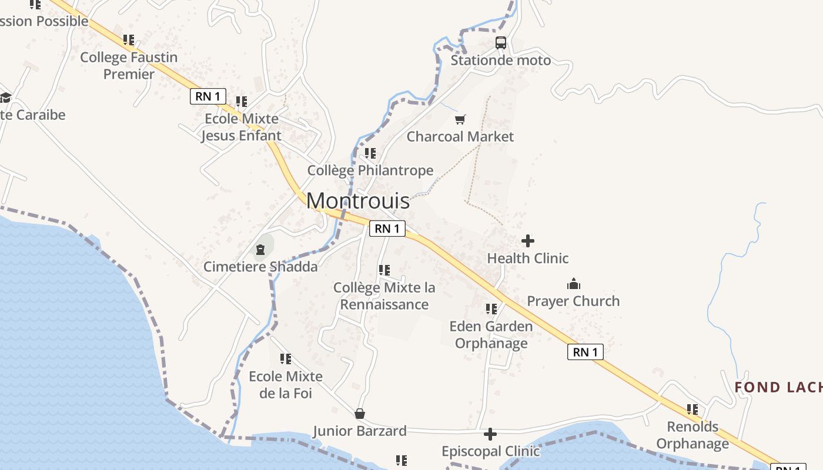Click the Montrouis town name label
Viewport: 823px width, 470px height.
click(x=358, y=201)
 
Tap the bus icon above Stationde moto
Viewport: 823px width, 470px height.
click(x=501, y=43)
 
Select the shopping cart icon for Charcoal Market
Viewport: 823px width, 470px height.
click(x=460, y=120)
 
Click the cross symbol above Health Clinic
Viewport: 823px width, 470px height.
click(x=528, y=241)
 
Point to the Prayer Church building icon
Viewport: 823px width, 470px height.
click(x=574, y=284)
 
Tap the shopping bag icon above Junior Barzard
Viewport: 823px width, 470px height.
click(x=359, y=414)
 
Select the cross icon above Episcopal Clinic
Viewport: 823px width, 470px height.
click(x=490, y=434)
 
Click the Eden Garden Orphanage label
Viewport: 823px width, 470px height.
click(x=491, y=334)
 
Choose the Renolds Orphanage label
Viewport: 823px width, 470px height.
click(x=692, y=435)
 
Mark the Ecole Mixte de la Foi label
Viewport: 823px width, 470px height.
click(x=286, y=384)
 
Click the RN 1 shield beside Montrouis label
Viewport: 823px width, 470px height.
click(x=387, y=229)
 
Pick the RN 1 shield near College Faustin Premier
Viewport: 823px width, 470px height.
click(x=208, y=96)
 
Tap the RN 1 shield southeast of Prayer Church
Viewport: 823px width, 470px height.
click(x=586, y=352)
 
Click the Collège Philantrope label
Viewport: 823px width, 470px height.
click(x=370, y=170)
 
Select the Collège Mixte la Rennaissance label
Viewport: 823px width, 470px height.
click(x=384, y=296)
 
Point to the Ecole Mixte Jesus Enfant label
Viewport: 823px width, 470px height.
click(x=241, y=127)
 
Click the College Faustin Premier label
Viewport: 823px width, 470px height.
click(x=129, y=65)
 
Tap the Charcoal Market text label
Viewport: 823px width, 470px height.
click(x=460, y=137)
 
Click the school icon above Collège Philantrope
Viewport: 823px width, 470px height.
click(x=370, y=153)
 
